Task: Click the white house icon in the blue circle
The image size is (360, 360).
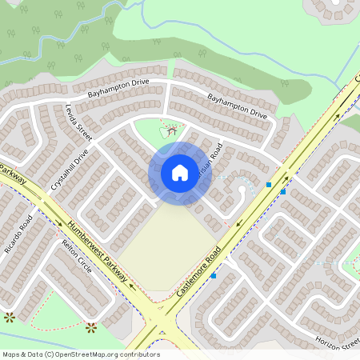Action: [x=180, y=172]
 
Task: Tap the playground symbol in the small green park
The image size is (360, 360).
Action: [x=170, y=129]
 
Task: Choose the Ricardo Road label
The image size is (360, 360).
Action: [x=18, y=234]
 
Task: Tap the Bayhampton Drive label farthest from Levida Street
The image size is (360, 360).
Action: [x=237, y=106]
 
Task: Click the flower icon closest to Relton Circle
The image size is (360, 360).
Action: [x=91, y=326]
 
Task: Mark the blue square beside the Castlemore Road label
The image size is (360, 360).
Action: [x=214, y=276]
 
